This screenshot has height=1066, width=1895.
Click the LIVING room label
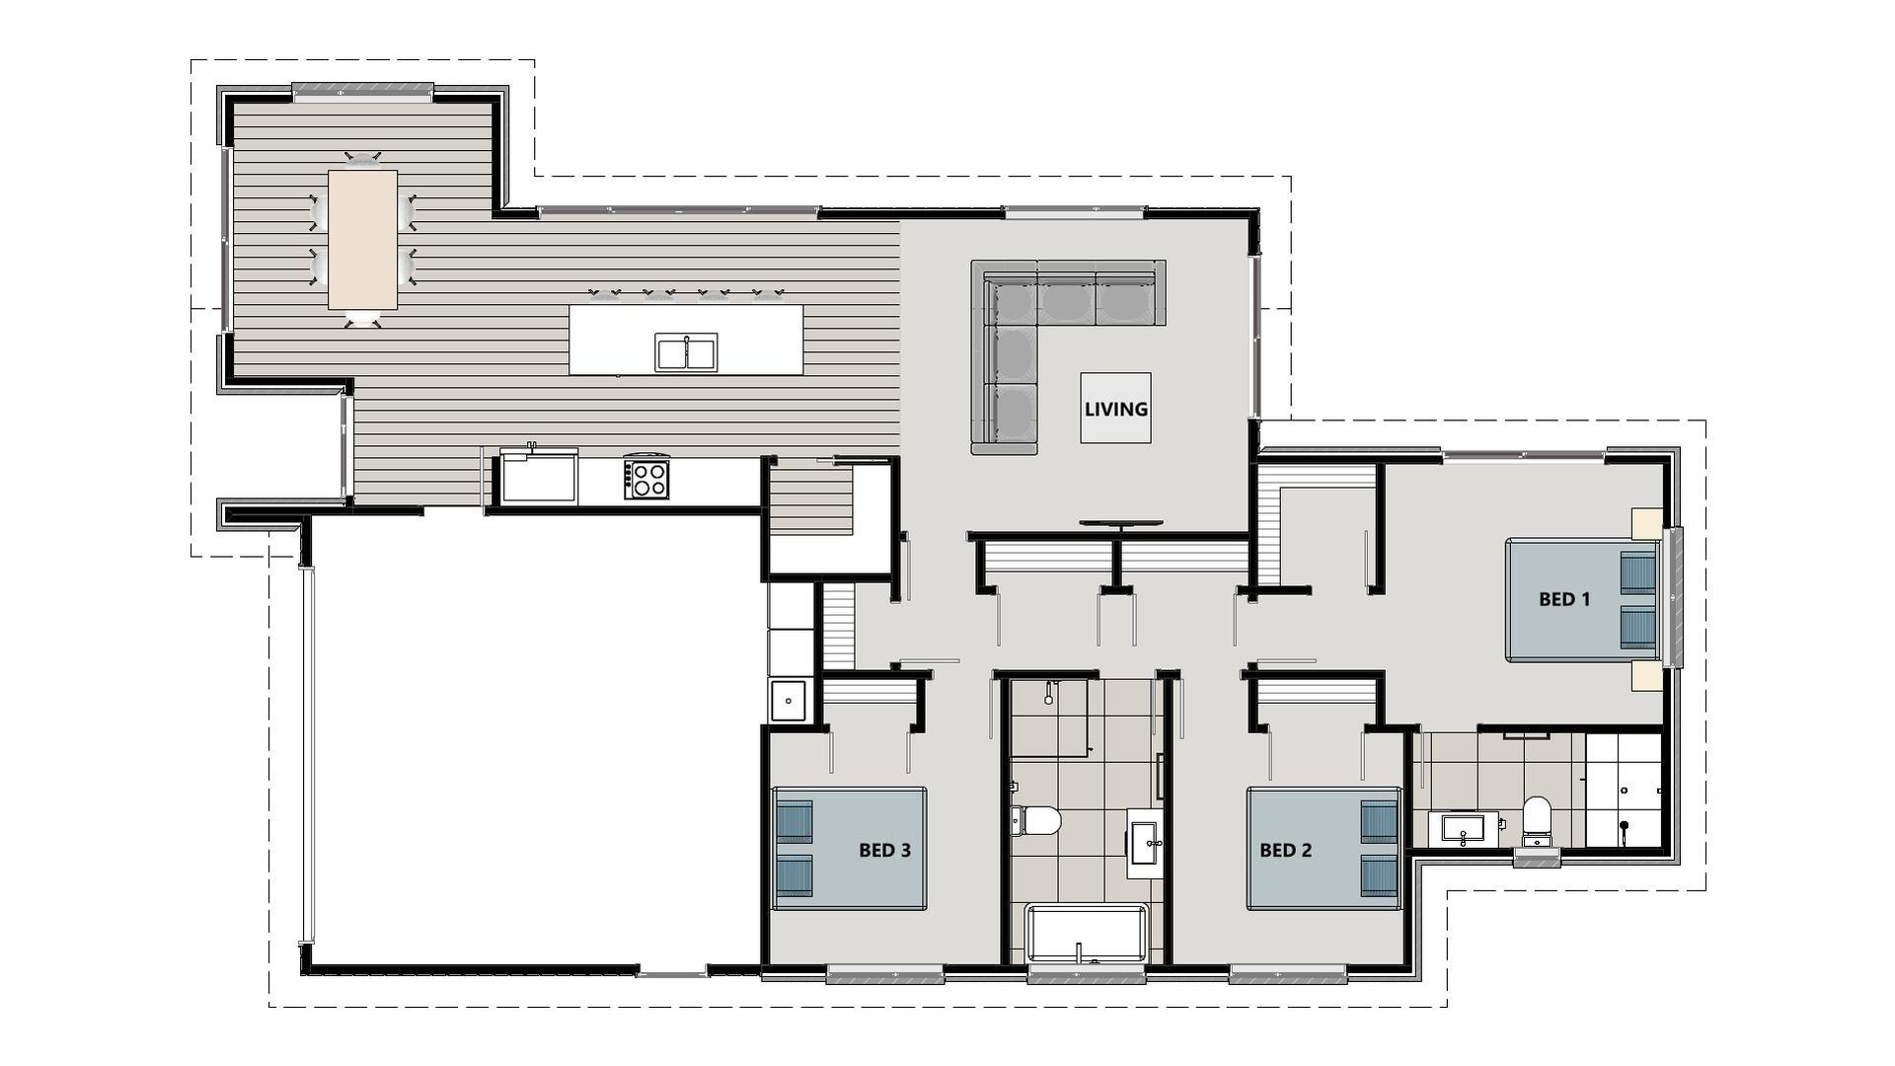(1115, 408)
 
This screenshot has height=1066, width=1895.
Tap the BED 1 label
(1564, 598)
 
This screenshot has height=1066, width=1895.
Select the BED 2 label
(1285, 850)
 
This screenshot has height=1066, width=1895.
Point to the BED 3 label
(884, 850)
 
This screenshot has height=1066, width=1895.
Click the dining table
(363, 239)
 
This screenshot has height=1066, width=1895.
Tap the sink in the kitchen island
(686, 352)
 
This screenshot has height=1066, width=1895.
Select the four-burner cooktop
(647, 480)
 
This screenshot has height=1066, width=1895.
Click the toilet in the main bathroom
(1036, 820)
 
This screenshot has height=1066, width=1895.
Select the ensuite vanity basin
(1463, 827)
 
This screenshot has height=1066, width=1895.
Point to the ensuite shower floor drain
(1624, 825)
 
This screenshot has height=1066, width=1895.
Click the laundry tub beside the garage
(789, 701)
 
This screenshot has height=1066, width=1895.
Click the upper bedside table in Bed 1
(1645, 523)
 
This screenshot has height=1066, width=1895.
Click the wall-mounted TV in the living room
(1120, 523)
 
